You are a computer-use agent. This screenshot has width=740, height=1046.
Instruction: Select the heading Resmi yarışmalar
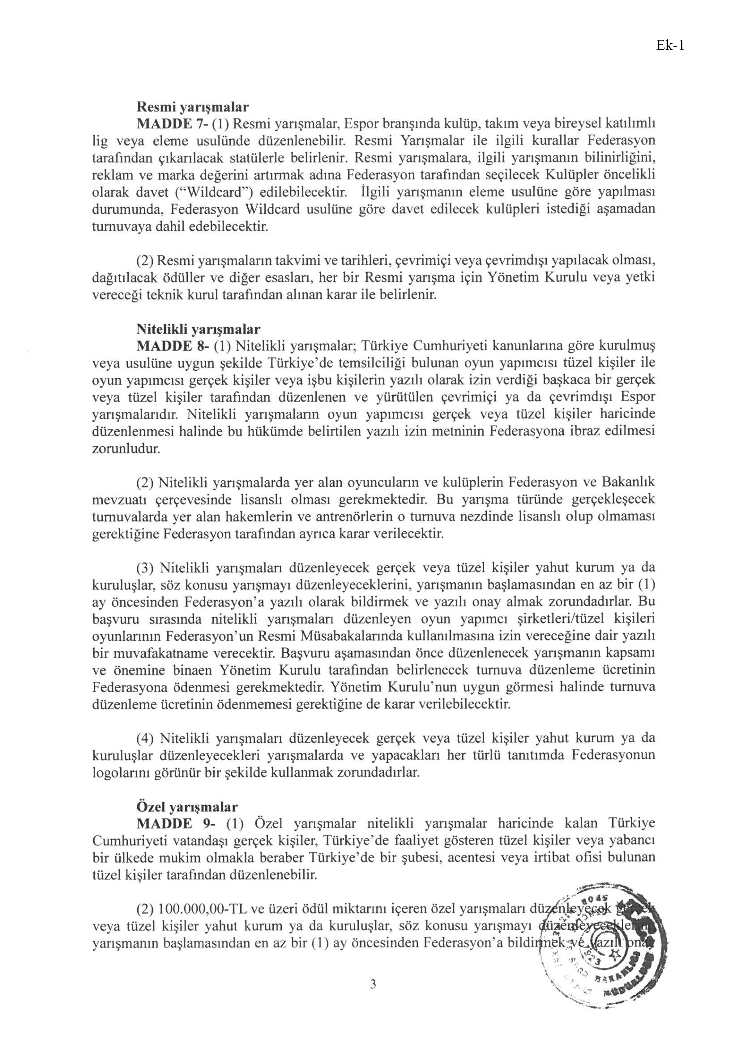coord(193,107)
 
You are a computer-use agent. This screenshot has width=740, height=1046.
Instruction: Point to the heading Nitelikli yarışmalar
coord(198,329)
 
